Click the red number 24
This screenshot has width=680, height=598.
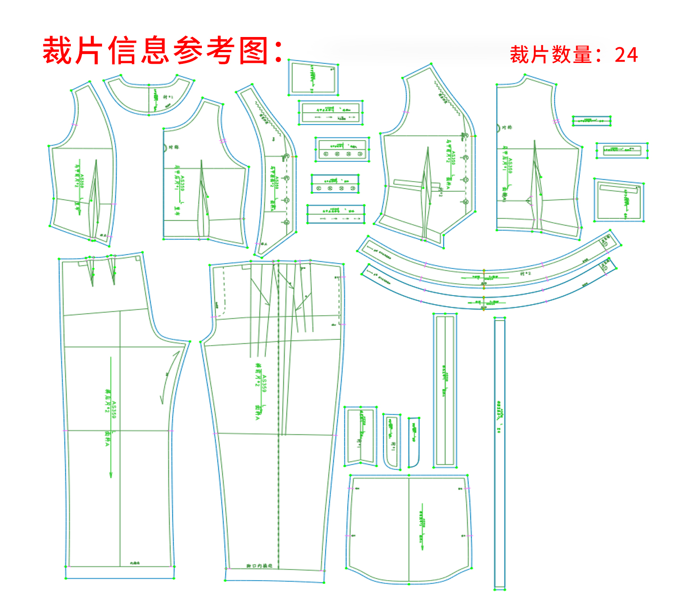626,55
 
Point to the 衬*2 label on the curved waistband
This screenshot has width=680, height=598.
525,273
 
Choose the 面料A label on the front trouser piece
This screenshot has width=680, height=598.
257,412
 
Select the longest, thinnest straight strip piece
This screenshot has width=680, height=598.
500,453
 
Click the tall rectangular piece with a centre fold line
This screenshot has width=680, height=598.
445,390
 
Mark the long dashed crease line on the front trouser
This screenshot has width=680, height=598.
279,446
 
